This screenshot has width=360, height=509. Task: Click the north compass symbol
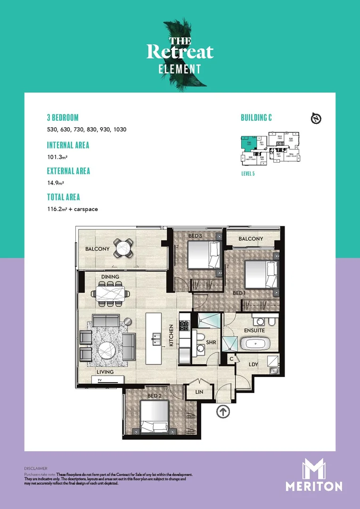[316, 119]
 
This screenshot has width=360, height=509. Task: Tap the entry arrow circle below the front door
[223, 411]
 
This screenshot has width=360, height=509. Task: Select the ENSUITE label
[254, 331]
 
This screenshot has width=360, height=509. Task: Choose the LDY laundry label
[253, 364]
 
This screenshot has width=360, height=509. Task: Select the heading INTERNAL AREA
[68, 145]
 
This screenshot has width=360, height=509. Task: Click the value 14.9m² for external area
[55, 182]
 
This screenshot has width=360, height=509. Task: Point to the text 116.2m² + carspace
[72, 208]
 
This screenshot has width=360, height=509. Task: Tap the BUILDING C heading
[256, 118]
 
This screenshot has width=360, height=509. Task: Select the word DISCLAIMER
[36, 468]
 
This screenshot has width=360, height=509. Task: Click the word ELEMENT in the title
[179, 69]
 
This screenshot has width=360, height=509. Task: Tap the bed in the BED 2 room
[155, 417]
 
